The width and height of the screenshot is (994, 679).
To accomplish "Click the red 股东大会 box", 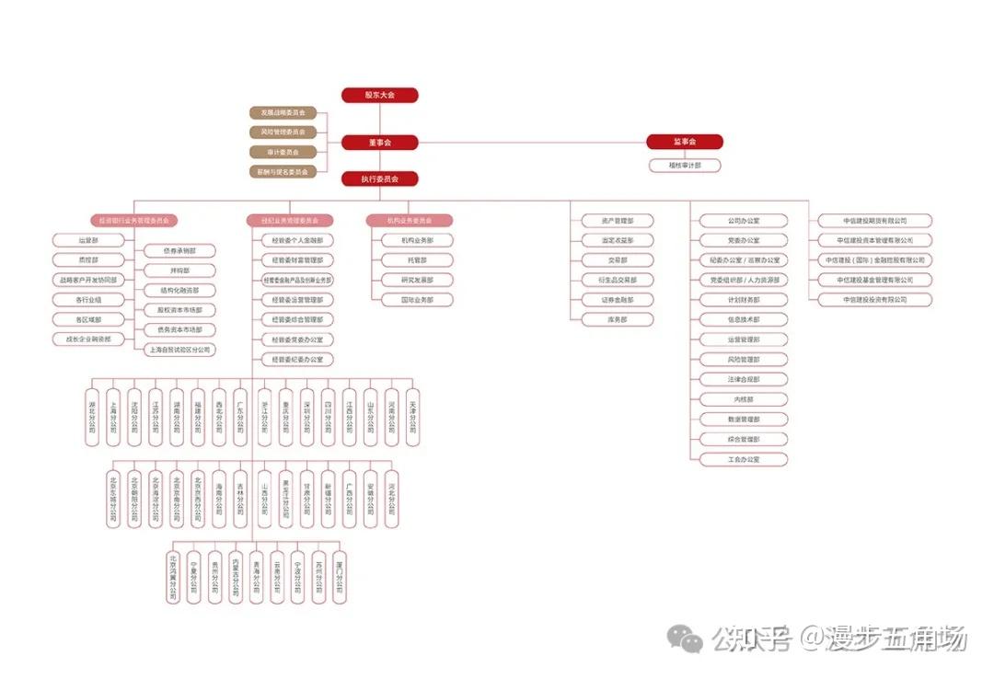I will click(379, 95).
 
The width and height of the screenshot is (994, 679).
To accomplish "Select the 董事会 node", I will click(379, 143).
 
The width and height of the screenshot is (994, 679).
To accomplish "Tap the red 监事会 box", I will click(684, 142).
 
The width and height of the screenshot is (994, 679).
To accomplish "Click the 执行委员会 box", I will click(379, 178).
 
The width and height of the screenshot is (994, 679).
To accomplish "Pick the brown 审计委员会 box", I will click(283, 152).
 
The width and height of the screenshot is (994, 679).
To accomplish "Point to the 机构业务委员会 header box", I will click(410, 221).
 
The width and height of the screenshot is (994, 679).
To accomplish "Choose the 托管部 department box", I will click(417, 260).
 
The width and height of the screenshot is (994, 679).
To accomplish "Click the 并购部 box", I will click(179, 270).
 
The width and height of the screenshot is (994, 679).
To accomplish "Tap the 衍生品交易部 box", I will click(618, 280).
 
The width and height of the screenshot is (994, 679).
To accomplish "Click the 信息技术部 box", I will click(744, 319).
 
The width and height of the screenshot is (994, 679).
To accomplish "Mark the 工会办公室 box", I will click(744, 459).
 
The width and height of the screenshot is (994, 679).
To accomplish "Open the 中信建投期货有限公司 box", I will click(874, 221).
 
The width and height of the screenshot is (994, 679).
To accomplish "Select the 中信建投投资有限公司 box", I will click(874, 300).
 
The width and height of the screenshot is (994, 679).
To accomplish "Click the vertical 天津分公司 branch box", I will click(412, 417).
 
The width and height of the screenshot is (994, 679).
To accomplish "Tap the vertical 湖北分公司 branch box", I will click(91, 417).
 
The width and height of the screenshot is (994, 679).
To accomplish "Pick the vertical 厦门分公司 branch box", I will click(340, 577).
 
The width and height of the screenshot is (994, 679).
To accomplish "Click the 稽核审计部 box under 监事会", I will click(684, 166).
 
